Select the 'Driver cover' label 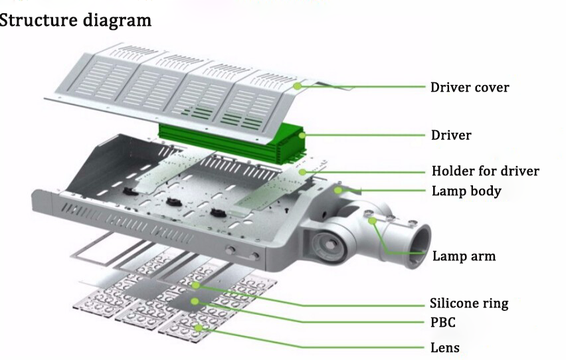(470, 87)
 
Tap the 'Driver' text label (451, 135)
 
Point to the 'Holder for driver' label (485, 171)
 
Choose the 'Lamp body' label (466, 191)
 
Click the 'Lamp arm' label (464, 256)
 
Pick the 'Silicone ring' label (469, 304)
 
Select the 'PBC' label (443, 323)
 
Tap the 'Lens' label (444, 347)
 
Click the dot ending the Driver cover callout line (298, 86)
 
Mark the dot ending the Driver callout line (303, 135)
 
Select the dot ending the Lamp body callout (338, 191)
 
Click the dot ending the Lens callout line (199, 327)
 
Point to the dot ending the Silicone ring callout (198, 284)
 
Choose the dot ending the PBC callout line (195, 302)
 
